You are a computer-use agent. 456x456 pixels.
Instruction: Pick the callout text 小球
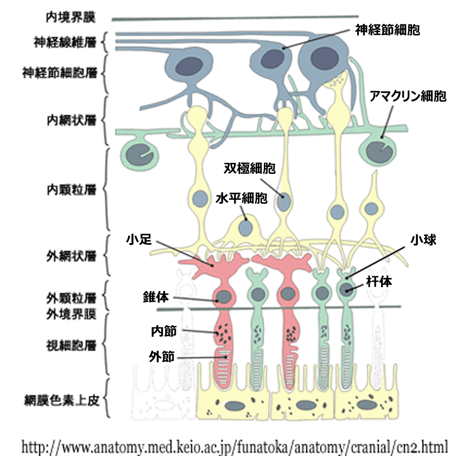click(423, 239)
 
